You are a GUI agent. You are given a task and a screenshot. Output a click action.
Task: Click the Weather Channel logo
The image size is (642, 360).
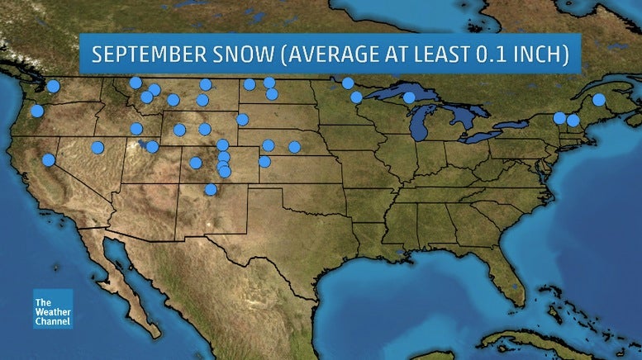click(53, 309)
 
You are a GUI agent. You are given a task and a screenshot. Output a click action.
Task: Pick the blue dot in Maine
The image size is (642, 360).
click(599, 100)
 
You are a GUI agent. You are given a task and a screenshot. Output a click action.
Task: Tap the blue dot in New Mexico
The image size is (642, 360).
click(211, 190)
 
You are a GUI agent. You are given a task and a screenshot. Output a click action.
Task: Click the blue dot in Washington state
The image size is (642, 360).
click(54, 86)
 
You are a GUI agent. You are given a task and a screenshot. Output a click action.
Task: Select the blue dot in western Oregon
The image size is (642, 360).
click(37, 111)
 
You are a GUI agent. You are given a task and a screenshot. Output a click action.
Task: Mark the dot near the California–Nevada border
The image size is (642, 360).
click(49, 159)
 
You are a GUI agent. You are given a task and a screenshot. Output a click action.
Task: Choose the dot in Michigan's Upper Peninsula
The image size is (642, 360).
click(409, 97)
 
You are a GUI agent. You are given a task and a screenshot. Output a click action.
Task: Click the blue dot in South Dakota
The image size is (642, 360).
click(242, 120)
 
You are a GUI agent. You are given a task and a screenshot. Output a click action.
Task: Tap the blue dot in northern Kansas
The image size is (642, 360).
click(264, 162)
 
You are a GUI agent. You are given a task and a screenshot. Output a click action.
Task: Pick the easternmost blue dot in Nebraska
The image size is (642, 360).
click(294, 147)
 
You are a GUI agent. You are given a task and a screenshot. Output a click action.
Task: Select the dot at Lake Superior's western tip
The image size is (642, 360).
click(356, 97)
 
